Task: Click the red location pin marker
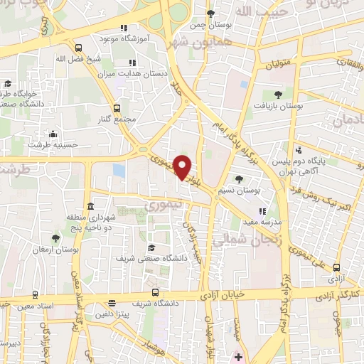click(x=183, y=166)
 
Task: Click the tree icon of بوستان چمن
click(x=210, y=14)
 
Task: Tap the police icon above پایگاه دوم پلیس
click(x=299, y=150)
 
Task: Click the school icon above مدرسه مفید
click(x=262, y=211)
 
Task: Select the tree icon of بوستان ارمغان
click(x=56, y=238)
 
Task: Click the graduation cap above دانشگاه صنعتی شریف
click(x=151, y=247)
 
